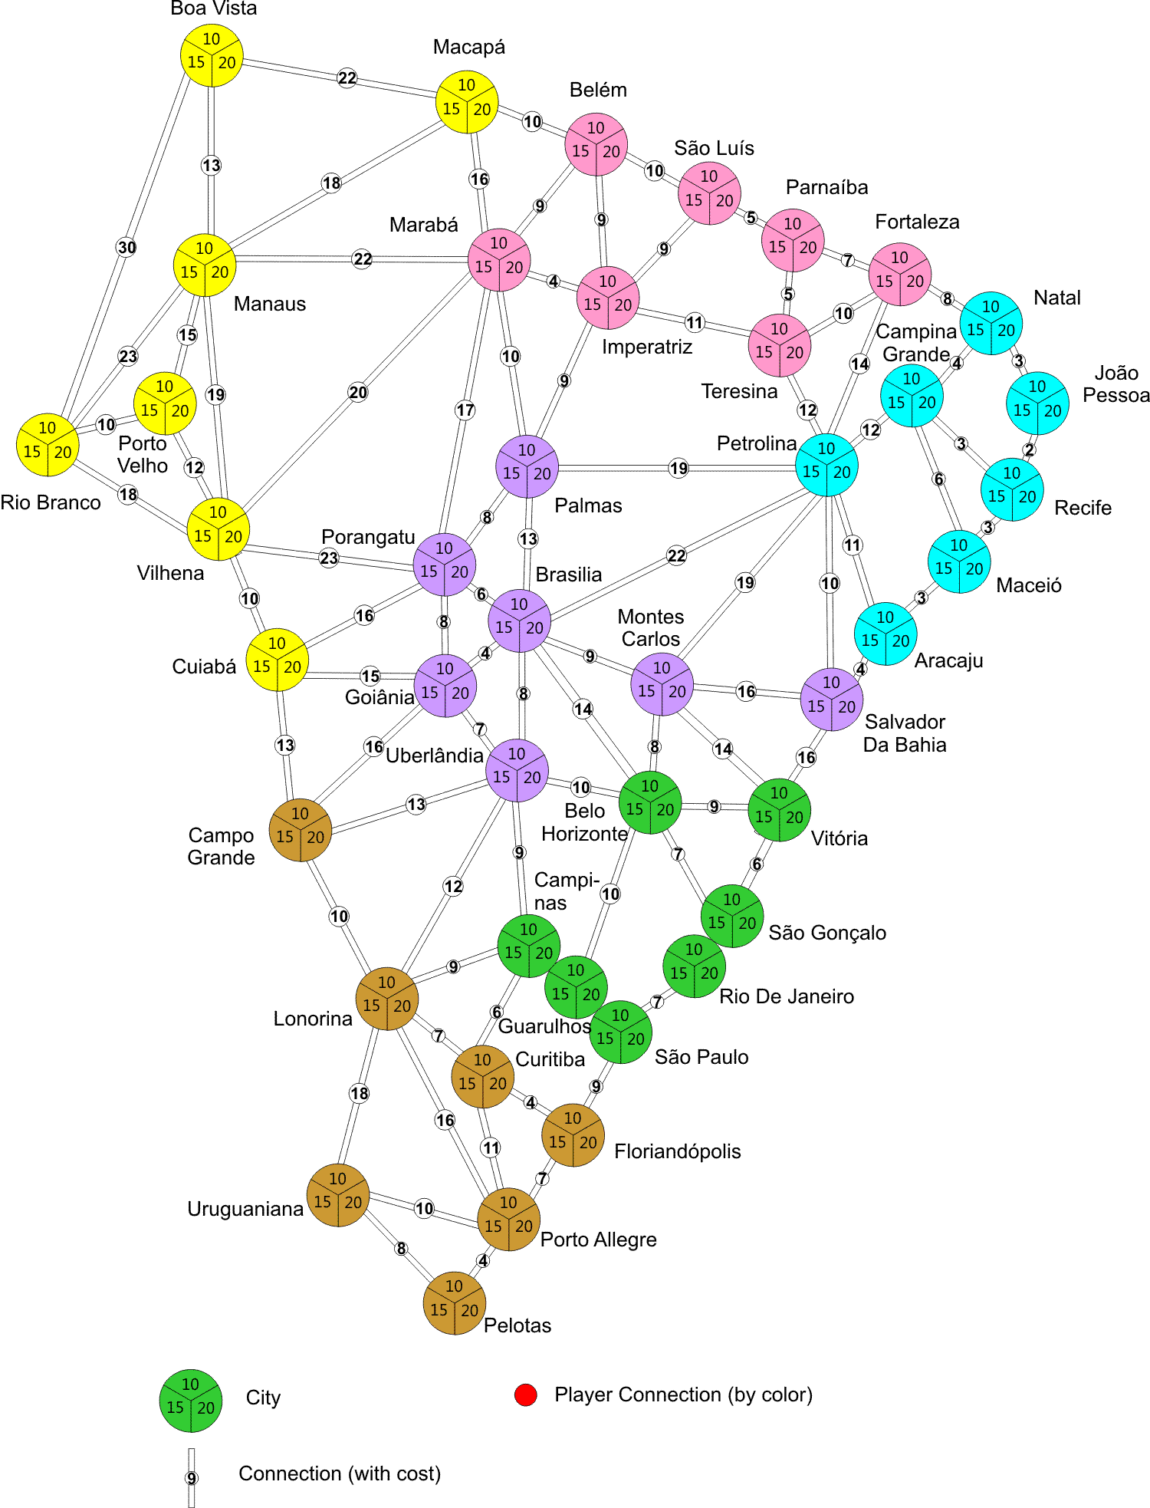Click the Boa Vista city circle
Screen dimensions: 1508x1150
tap(212, 55)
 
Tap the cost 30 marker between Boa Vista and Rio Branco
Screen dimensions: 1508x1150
tap(127, 247)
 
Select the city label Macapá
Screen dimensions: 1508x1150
tap(468, 47)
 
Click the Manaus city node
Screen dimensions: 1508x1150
tap(205, 265)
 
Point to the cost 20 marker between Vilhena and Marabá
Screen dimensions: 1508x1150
tap(358, 393)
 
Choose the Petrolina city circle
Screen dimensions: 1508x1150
tap(826, 466)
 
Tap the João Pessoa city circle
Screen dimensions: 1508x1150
tap(1037, 403)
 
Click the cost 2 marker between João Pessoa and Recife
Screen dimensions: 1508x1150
tap(1029, 449)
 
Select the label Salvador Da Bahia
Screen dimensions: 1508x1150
tap(905, 733)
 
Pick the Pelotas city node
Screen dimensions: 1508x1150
tap(454, 1303)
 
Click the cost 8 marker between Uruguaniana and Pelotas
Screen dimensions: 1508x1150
tap(401, 1249)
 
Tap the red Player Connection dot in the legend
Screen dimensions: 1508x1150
tap(526, 1395)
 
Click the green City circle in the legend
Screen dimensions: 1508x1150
tap(191, 1401)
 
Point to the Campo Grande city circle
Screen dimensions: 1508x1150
tap(301, 830)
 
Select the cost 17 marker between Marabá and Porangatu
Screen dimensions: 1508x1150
tap(465, 410)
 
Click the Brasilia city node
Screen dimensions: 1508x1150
tap(519, 621)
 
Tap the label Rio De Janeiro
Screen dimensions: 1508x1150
tap(786, 996)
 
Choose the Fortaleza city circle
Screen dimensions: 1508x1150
tap(900, 275)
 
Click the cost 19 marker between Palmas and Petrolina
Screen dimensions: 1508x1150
tap(678, 468)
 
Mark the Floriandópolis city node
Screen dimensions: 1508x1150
tap(573, 1135)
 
